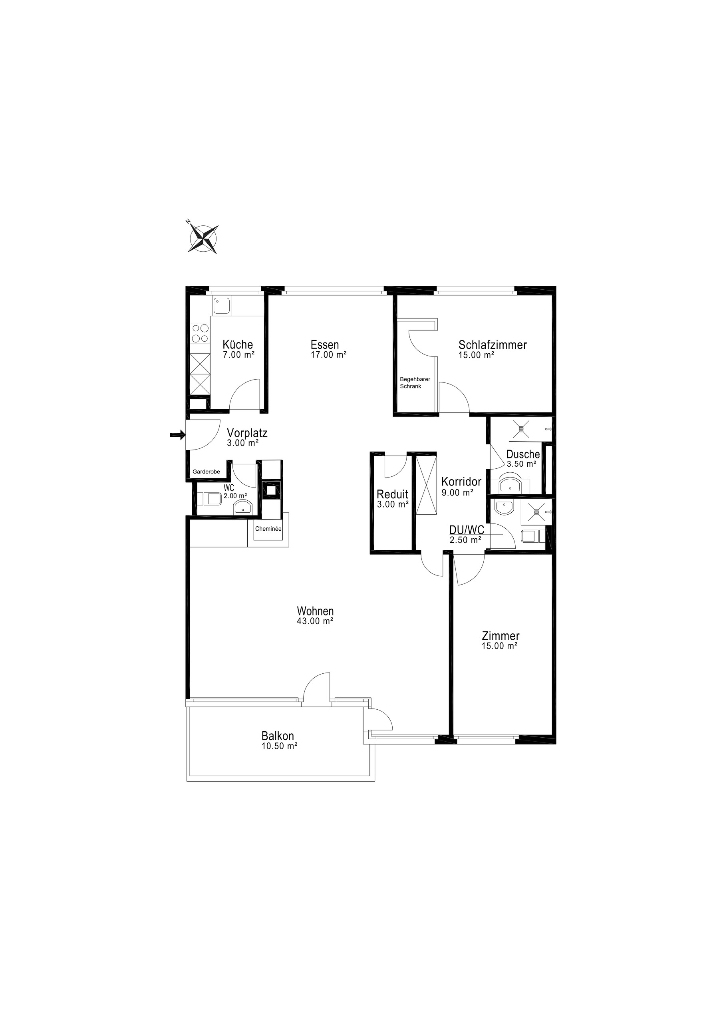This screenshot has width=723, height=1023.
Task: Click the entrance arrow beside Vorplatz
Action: pyautogui.click(x=177, y=435)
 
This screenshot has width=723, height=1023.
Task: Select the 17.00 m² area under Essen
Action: pyautogui.click(x=328, y=355)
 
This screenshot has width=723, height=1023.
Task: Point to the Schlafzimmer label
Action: pyautogui.click(x=492, y=345)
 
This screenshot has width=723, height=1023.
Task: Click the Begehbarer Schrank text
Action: pyautogui.click(x=414, y=383)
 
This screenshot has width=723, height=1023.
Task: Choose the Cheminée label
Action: pyautogui.click(x=268, y=529)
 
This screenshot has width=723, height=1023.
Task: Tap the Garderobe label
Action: pyautogui.click(x=206, y=472)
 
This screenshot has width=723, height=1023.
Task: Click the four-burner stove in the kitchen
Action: pyautogui.click(x=200, y=333)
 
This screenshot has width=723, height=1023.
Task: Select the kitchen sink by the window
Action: pyautogui.click(x=221, y=306)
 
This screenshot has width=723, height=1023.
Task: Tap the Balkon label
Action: pyautogui.click(x=278, y=736)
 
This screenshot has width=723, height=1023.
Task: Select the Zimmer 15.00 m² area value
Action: pyautogui.click(x=499, y=646)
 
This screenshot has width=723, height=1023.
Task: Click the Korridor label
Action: pyautogui.click(x=461, y=482)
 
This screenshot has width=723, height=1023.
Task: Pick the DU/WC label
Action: pyautogui.click(x=466, y=530)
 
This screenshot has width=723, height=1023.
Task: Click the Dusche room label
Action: pyautogui.click(x=522, y=454)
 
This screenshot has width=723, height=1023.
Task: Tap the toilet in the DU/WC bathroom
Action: pyautogui.click(x=531, y=536)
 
